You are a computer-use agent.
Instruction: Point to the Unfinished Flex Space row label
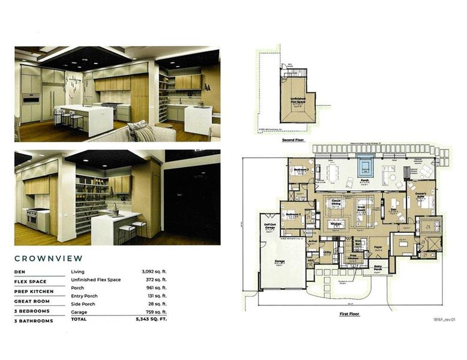pyautogui.click(x=95, y=280)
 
